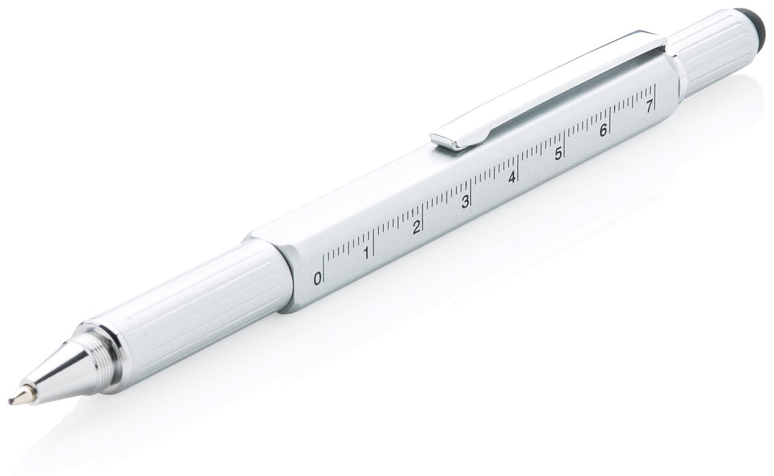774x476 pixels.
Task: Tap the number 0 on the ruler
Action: [317, 279]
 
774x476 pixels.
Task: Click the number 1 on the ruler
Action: [366, 253]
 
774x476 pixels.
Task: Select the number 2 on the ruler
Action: [417, 227]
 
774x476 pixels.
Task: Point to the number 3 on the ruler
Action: [466, 202]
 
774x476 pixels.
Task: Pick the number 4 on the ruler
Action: [512, 177]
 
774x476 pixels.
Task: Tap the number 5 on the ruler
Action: [558, 154]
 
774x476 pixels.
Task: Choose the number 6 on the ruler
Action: [603, 130]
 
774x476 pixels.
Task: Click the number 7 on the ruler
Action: [649, 106]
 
